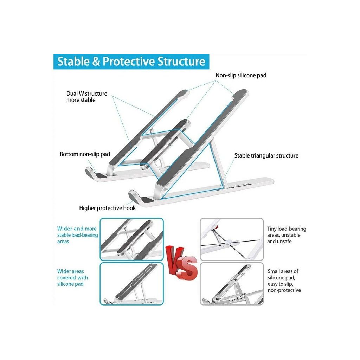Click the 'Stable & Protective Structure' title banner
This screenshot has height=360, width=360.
[x=131, y=62]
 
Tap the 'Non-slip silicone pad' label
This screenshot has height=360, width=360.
[x=241, y=75]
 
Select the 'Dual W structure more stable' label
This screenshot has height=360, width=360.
[x=86, y=97]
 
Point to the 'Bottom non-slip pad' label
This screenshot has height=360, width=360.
[x=85, y=154]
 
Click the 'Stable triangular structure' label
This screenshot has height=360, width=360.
[x=266, y=155]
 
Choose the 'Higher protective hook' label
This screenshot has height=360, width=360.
[x=107, y=208]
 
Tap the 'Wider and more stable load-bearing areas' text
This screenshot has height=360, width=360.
[x=77, y=235]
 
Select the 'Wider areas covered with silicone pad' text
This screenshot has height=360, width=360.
[x=72, y=278]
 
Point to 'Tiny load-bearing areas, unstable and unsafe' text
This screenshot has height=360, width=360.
[x=287, y=235]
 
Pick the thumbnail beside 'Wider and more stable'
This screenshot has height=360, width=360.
[x=131, y=239]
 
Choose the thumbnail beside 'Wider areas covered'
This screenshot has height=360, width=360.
[x=131, y=284]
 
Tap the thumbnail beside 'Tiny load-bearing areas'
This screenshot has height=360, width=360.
[x=232, y=239]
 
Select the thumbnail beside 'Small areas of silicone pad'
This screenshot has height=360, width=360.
[x=232, y=284]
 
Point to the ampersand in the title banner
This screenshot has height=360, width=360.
[x=96, y=62]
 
